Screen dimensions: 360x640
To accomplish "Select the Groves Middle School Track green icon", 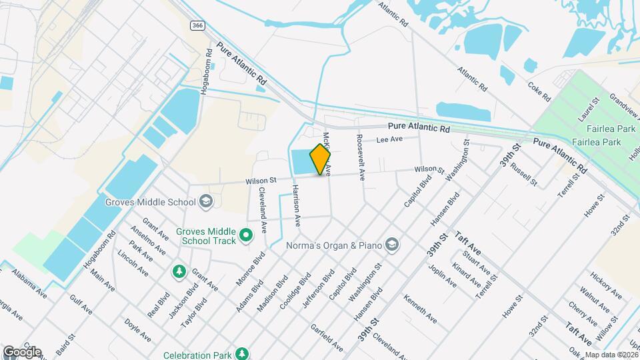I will point(246,235).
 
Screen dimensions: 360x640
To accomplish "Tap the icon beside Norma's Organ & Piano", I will point(392,245).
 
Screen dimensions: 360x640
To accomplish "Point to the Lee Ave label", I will point(390,140).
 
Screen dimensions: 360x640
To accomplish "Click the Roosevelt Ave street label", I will point(361,157).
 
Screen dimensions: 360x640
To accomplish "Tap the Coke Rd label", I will point(539,91).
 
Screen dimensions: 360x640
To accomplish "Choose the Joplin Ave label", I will point(443,274).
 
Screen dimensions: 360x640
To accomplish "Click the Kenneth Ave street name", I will point(420,309).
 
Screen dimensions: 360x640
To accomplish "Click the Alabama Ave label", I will point(29,283).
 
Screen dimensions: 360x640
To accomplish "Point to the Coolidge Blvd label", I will point(296,289).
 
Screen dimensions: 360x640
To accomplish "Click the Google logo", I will point(21,352).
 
